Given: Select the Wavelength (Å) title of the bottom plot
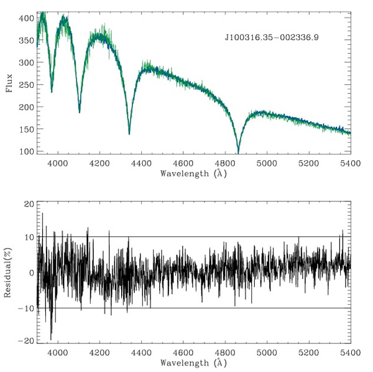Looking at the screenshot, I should tap(193, 361).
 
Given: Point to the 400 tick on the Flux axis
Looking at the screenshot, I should tap(25, 18).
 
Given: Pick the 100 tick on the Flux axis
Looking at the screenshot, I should tap(25, 151).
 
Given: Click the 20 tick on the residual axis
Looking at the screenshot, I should tap(28, 204).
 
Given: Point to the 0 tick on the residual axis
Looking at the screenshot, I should tap(30, 272).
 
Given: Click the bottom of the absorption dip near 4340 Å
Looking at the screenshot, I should tap(129, 133).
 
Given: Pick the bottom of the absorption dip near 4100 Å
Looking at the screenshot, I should tap(79, 112).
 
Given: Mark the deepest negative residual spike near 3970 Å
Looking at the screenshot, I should tap(51, 339).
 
